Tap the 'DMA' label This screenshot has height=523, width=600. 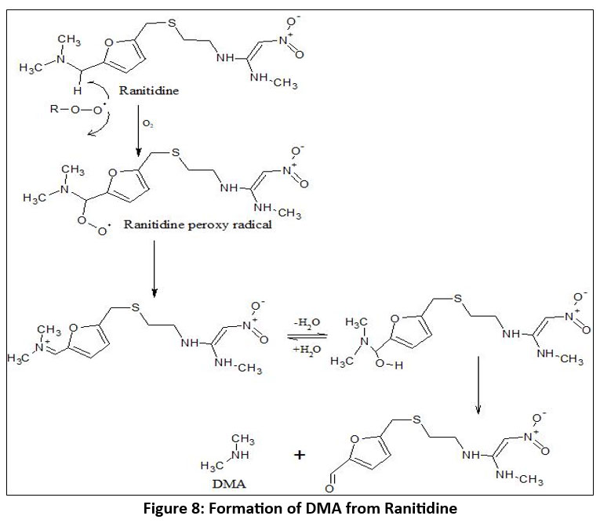pyautogui.click(x=235, y=480)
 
